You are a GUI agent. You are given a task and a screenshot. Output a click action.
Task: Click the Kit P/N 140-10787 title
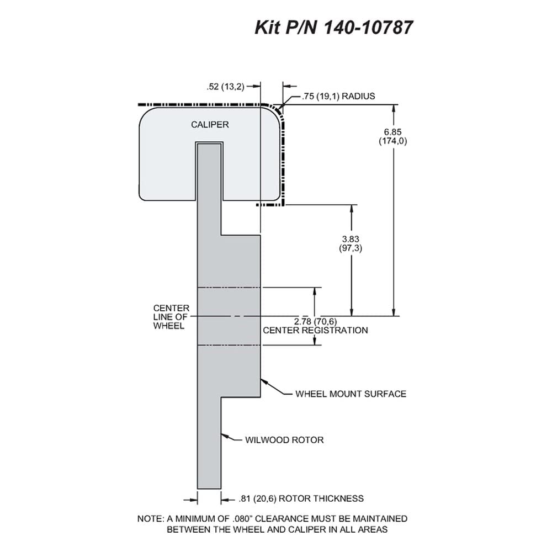pyautogui.click(x=333, y=28)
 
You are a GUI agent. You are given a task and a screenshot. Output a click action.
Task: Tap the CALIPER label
pyautogui.click(x=210, y=125)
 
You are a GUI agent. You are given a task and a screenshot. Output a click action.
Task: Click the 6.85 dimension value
pyautogui.click(x=392, y=132)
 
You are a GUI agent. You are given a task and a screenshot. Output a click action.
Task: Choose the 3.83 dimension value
pyautogui.click(x=351, y=239)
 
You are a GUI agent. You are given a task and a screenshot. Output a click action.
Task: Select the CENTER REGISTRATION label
pyautogui.click(x=315, y=330)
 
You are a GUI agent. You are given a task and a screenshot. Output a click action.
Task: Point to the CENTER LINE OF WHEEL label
pyautogui.click(x=171, y=317)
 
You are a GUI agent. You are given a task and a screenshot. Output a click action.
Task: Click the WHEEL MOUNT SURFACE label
pyautogui.click(x=351, y=394)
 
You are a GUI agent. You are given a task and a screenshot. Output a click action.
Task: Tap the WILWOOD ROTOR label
pyautogui.click(x=284, y=440)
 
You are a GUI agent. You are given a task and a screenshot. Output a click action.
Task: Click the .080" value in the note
pyautogui.click(x=243, y=518)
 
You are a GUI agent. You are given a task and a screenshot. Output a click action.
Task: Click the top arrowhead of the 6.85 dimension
pyautogui.click(x=394, y=109)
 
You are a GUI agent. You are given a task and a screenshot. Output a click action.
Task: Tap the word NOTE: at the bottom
pyautogui.click(x=150, y=518)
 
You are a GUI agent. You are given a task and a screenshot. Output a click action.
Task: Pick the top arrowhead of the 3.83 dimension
pyautogui.click(x=351, y=209)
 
